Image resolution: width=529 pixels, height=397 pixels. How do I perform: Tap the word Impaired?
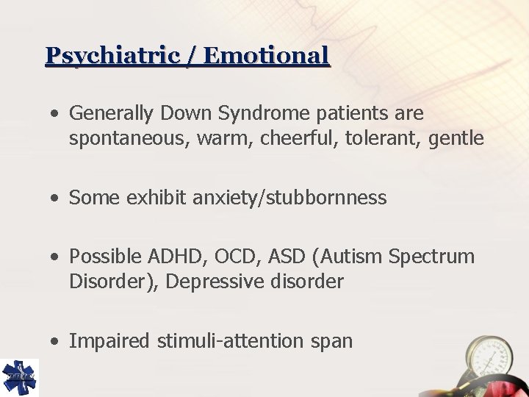106,341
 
